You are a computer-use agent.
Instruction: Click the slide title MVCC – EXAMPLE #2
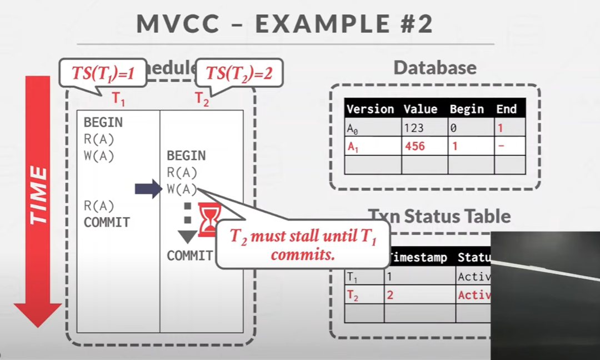pos(284,24)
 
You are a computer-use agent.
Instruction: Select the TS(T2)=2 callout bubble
pos(239,73)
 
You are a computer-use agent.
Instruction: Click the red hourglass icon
pos(209,219)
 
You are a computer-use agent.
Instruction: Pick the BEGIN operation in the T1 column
pos(103,122)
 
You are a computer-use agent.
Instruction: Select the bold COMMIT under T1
pos(107,223)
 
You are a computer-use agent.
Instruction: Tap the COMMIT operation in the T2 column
pos(190,256)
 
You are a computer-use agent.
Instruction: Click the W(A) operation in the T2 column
pos(182,189)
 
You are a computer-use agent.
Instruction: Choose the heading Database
pos(435,68)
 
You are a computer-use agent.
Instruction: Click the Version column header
pos(370,109)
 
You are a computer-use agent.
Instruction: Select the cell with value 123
pos(414,128)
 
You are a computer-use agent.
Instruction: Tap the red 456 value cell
pos(415,147)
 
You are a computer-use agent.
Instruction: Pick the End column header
pos(507,109)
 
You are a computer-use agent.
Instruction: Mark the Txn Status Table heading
pos(439,216)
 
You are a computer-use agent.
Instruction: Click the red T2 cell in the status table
pos(353,296)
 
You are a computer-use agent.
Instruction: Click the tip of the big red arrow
pos(38,325)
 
